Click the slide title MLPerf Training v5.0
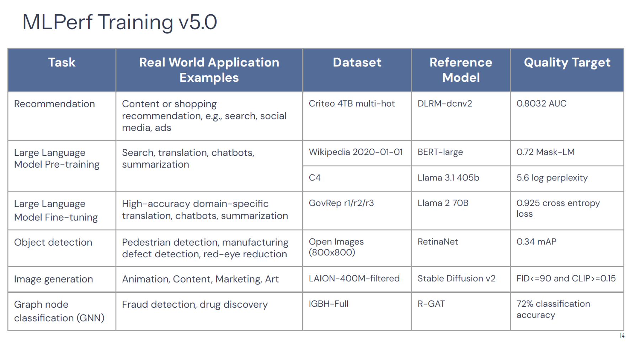pos(119,22)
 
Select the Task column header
pos(62,63)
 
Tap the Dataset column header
pos(357,63)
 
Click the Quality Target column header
pos(567,63)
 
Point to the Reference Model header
pos(461,70)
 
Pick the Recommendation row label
pos(54,104)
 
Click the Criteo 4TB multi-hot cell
pos(352,103)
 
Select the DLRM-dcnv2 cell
pos(445,103)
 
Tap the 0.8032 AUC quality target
pos(541,103)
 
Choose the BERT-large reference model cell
pos(440,152)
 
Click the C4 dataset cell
pos(315,178)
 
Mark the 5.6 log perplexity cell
pos(552,178)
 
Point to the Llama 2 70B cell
pos(443,203)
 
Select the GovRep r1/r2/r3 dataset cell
pos(341,203)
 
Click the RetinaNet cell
pos(438,242)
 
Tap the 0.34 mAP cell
pos(536,242)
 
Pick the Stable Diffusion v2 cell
pos(457,278)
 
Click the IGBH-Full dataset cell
pos(329,304)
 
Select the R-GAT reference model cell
pos(431,304)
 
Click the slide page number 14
pos(622,336)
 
